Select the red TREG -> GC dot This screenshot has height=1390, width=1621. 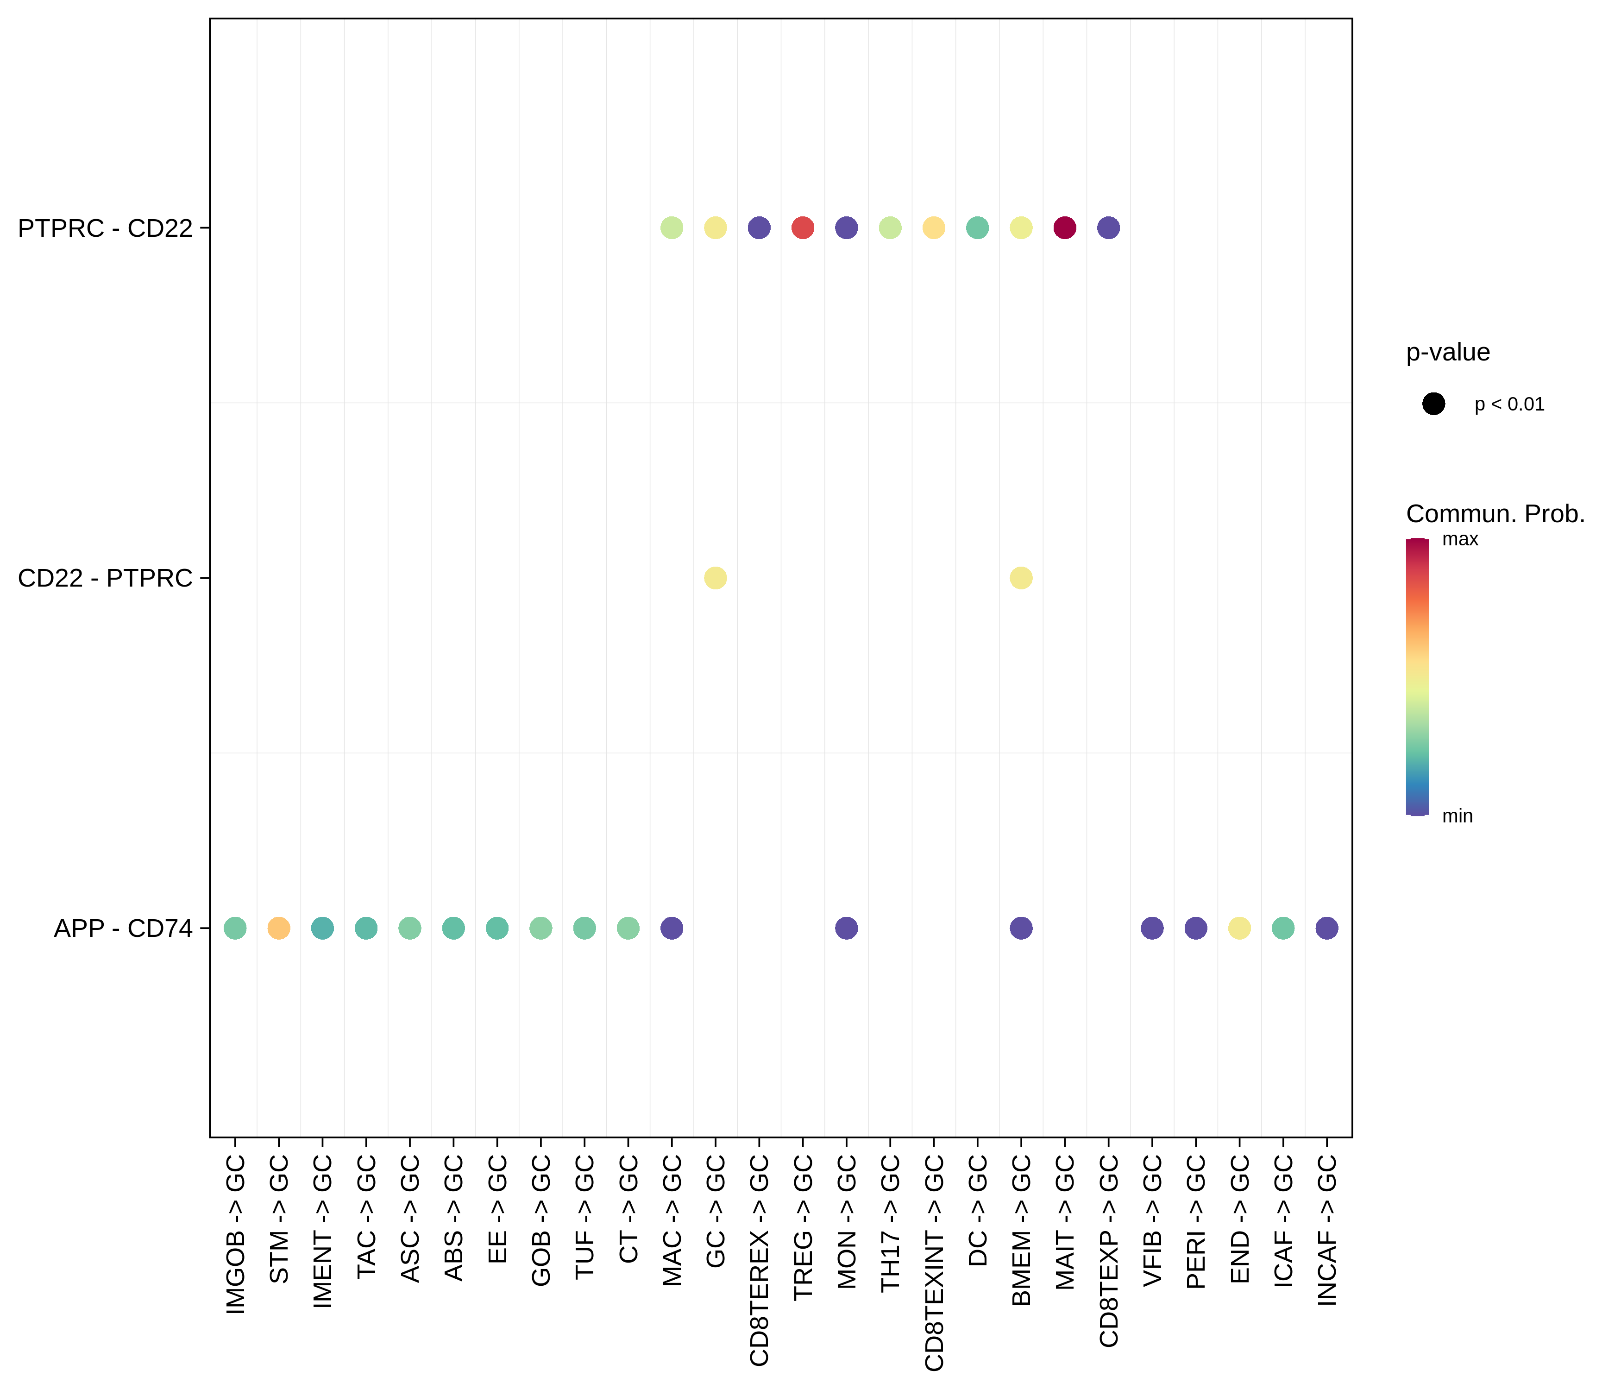803,228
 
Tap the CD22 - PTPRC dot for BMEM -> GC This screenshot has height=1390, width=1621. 1021,578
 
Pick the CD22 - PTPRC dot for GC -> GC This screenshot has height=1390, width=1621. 715,578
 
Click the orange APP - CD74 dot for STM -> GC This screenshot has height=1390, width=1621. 278,928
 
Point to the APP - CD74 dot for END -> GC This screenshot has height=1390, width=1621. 1239,928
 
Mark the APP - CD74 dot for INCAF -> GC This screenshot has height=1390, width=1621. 1327,928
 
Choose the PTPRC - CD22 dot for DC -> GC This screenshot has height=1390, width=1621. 977,228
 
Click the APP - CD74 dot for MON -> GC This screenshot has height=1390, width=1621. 847,928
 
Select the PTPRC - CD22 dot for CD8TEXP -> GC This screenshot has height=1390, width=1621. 1109,228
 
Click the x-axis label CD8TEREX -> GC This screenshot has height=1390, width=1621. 760,1261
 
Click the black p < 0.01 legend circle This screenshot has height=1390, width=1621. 1433,404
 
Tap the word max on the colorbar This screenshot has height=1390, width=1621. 1460,539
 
